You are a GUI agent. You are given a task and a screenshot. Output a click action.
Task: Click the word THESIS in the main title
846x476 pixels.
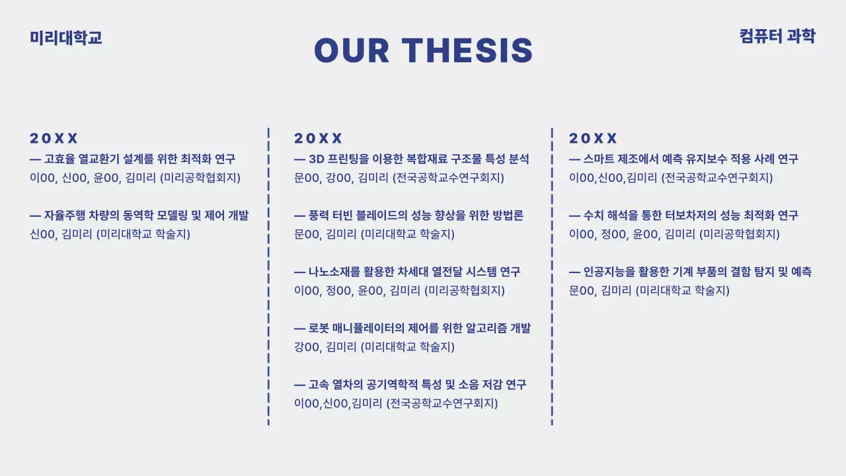coord(467,50)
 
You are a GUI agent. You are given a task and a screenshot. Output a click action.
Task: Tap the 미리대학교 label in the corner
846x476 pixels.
coord(66,38)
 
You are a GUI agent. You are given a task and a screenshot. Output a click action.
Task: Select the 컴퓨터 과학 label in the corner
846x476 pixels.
coord(777,36)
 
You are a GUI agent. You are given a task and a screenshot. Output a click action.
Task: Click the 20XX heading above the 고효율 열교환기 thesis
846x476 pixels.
coord(54,138)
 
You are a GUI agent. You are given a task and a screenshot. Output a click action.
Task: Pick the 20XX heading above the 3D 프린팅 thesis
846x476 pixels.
coord(318,138)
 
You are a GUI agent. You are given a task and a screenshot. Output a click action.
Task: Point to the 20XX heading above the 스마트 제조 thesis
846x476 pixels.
coord(593,138)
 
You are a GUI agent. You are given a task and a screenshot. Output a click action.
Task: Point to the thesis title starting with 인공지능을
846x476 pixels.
coord(691,271)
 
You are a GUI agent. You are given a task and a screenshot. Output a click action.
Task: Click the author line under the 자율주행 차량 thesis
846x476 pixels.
coord(110,234)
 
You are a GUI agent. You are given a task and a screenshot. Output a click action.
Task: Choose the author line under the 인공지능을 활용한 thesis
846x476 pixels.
coord(649,290)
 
